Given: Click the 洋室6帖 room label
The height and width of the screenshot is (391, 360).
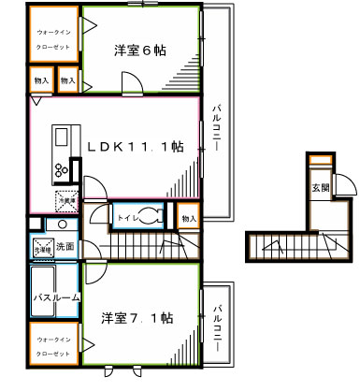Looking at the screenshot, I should [141, 51].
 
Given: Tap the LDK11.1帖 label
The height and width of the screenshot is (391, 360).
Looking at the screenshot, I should [135, 148].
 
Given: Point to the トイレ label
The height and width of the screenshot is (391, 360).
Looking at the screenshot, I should [126, 218].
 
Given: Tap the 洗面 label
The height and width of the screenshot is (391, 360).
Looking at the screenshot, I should [64, 247].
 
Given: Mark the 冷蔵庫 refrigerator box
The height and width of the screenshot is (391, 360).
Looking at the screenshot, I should [65, 198].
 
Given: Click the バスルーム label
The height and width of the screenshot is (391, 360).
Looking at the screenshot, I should [50, 297].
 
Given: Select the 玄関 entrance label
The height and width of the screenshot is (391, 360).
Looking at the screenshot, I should [320, 188].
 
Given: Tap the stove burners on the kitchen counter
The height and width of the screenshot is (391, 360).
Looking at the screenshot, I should [61, 169].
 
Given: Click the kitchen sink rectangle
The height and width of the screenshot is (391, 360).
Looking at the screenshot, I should [61, 138].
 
